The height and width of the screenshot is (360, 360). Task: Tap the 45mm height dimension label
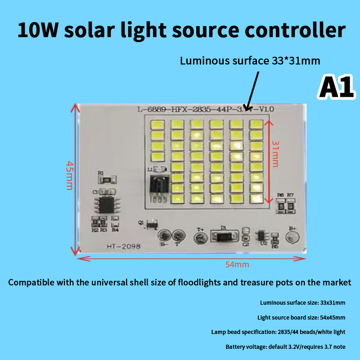click(x=69, y=175)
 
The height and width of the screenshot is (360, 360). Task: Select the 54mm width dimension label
click(x=237, y=265)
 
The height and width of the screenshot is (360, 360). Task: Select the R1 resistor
click(x=107, y=180)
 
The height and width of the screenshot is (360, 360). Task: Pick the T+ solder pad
click(x=201, y=236)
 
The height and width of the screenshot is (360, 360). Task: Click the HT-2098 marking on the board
click(x=124, y=246)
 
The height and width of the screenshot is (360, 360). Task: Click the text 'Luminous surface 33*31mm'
click(x=250, y=61)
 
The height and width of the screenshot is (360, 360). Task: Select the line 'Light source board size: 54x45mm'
click(x=301, y=317)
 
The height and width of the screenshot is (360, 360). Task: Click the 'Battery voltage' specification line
click(x=285, y=346)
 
